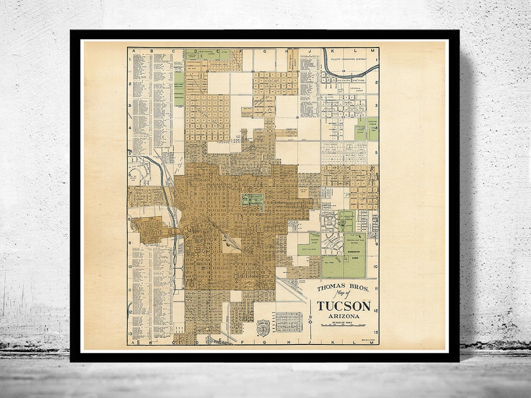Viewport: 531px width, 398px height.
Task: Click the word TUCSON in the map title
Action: [344, 306]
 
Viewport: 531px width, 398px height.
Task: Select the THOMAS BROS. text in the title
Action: [343, 288]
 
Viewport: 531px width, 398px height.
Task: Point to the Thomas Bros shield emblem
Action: [263, 328]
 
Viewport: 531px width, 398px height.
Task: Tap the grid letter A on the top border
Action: [133, 50]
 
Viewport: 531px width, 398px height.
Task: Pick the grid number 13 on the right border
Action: [375, 332]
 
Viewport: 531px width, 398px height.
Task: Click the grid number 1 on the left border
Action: [130, 59]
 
